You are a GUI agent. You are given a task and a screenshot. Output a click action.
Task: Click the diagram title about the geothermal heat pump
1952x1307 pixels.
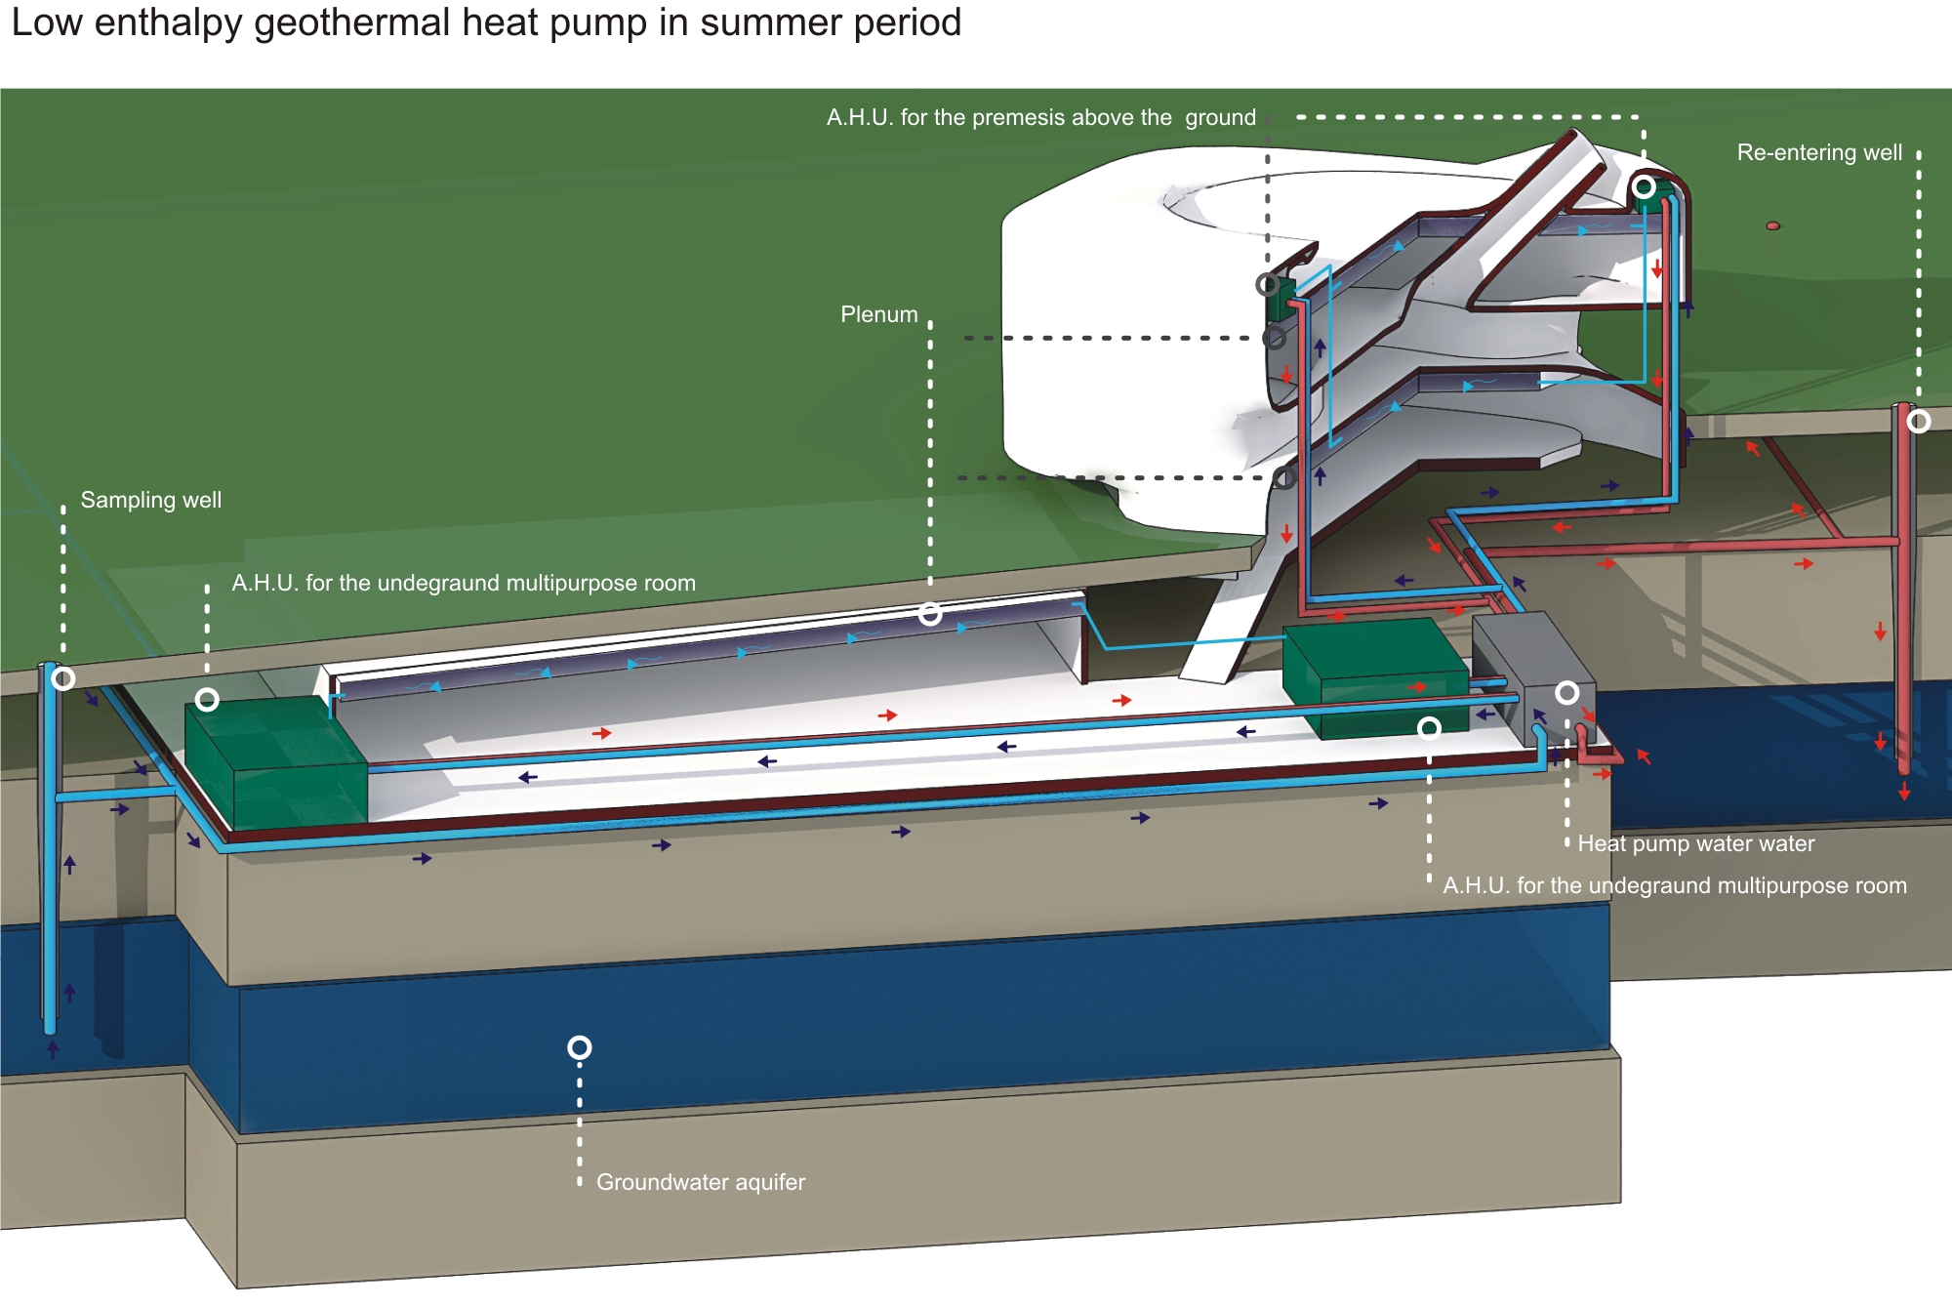point(486,23)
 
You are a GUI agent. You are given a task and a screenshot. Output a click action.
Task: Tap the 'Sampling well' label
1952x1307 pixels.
point(151,500)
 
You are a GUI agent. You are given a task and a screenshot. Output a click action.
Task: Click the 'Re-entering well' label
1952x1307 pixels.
point(1819,152)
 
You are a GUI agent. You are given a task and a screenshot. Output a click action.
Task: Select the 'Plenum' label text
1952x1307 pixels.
point(879,314)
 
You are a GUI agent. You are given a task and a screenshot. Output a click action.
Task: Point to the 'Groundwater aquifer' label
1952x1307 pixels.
point(701,1182)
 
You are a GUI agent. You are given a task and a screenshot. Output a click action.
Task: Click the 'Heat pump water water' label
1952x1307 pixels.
point(1696,843)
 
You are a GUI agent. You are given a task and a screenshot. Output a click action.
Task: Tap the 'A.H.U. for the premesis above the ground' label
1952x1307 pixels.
point(1040,118)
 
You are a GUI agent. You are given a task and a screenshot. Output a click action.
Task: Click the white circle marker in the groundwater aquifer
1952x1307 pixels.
point(580,1048)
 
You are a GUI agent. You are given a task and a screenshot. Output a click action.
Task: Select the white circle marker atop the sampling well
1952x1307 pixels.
point(63,678)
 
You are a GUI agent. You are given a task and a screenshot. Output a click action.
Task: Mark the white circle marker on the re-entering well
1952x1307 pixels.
point(1919,422)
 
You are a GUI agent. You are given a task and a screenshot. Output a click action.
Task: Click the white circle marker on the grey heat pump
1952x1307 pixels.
point(1567,693)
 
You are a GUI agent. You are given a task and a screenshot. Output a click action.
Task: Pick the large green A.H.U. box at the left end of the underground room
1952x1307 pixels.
point(276,761)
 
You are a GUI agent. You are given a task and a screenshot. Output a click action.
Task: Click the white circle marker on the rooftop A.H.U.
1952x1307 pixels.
point(1645,186)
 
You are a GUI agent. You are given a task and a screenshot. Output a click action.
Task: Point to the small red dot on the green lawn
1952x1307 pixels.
point(1773,226)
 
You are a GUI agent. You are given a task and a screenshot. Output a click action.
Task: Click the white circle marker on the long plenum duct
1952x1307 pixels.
point(930,614)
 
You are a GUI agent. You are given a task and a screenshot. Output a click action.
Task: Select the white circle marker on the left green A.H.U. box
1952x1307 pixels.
point(207,700)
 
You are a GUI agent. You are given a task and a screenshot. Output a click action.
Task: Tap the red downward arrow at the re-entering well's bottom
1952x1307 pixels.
point(1904,794)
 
